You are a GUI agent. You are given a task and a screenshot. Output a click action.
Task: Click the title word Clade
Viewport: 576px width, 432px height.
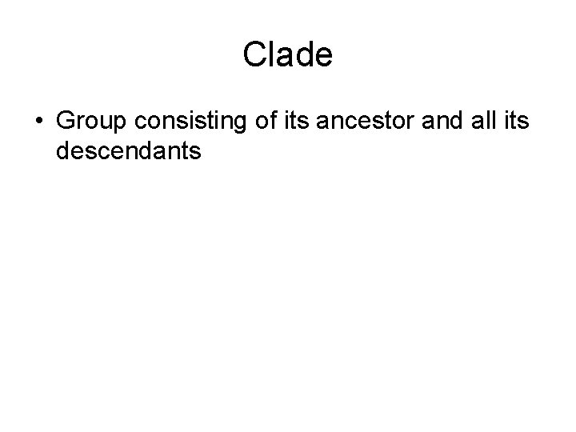287,55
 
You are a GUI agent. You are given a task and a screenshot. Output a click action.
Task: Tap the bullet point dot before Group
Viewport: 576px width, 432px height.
39,122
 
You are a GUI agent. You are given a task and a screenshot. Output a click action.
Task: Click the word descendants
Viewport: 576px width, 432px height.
129,150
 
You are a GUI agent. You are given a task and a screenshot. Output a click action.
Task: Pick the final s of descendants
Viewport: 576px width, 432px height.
194,150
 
